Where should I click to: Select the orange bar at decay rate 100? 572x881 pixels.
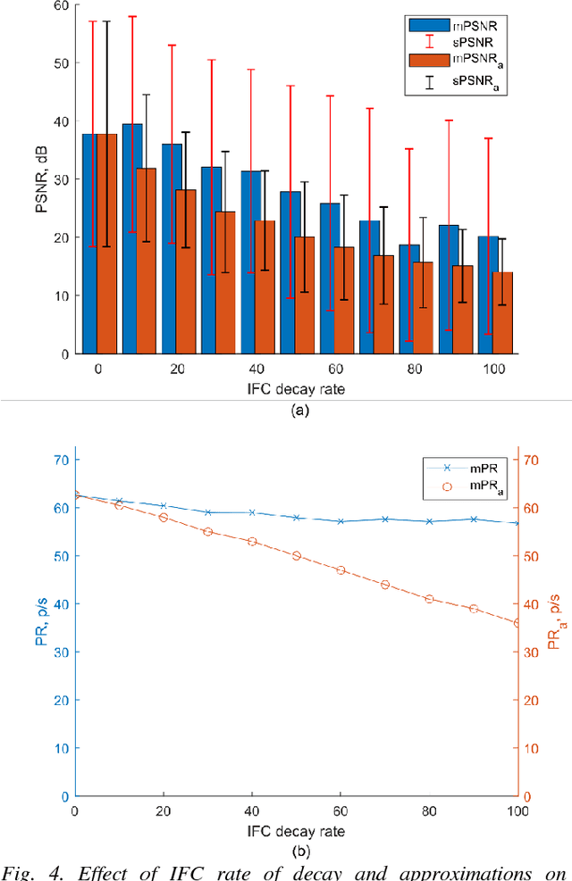pos(503,312)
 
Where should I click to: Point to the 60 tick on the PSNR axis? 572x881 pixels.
pos(63,6)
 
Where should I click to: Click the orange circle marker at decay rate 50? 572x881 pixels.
pos(297,555)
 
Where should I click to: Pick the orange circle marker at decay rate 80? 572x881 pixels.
pos(429,599)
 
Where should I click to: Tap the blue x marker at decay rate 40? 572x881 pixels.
pos(252,512)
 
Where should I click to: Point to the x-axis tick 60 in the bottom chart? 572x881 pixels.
pos(341,810)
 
